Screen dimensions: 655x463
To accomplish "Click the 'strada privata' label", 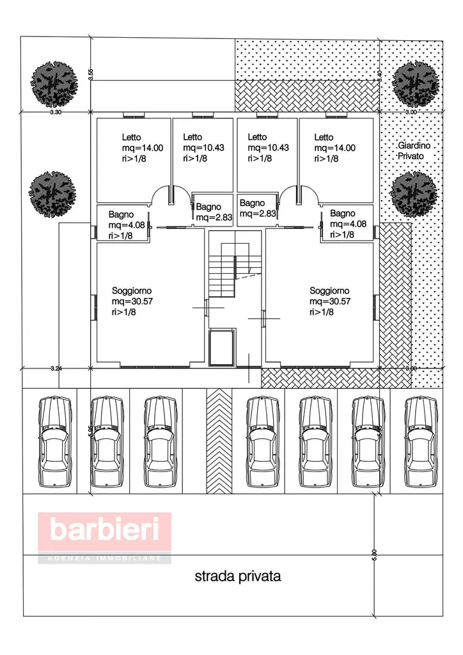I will (237, 576).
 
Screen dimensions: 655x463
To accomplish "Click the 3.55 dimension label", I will (91, 74).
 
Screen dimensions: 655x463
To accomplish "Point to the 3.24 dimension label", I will (56, 368).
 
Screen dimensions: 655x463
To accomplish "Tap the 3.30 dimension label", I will (55, 112).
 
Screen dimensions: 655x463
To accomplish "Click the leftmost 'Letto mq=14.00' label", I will (142, 148).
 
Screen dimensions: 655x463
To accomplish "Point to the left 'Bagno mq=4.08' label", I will (122, 225).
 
